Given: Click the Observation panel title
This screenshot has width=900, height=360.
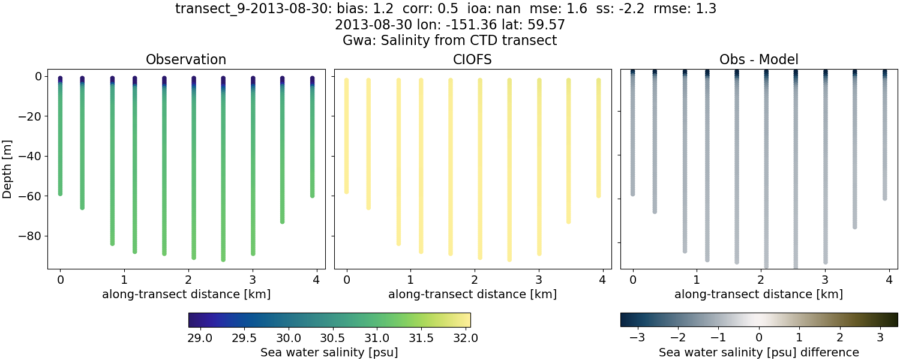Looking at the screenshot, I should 186,59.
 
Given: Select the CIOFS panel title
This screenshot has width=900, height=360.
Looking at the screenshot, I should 473,59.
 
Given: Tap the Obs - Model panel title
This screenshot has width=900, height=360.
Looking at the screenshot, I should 759,59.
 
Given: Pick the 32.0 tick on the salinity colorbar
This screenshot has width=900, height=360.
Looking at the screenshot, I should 466,338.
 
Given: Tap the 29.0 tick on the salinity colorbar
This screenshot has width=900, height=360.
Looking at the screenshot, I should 200,338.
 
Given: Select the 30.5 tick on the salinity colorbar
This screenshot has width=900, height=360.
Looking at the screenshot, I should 333,338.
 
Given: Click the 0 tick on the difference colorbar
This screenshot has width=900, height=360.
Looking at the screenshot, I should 759,338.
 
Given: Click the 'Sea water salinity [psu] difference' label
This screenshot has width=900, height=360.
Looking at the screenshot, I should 759,352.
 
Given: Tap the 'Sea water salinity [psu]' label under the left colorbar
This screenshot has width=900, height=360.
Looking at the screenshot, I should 329,352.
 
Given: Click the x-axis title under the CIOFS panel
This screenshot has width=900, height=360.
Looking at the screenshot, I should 473,295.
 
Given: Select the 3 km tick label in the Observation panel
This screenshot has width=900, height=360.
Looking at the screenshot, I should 253,280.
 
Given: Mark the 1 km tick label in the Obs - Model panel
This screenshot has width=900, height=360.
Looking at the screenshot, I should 697,280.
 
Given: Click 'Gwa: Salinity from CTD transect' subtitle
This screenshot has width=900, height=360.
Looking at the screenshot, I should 450,40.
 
